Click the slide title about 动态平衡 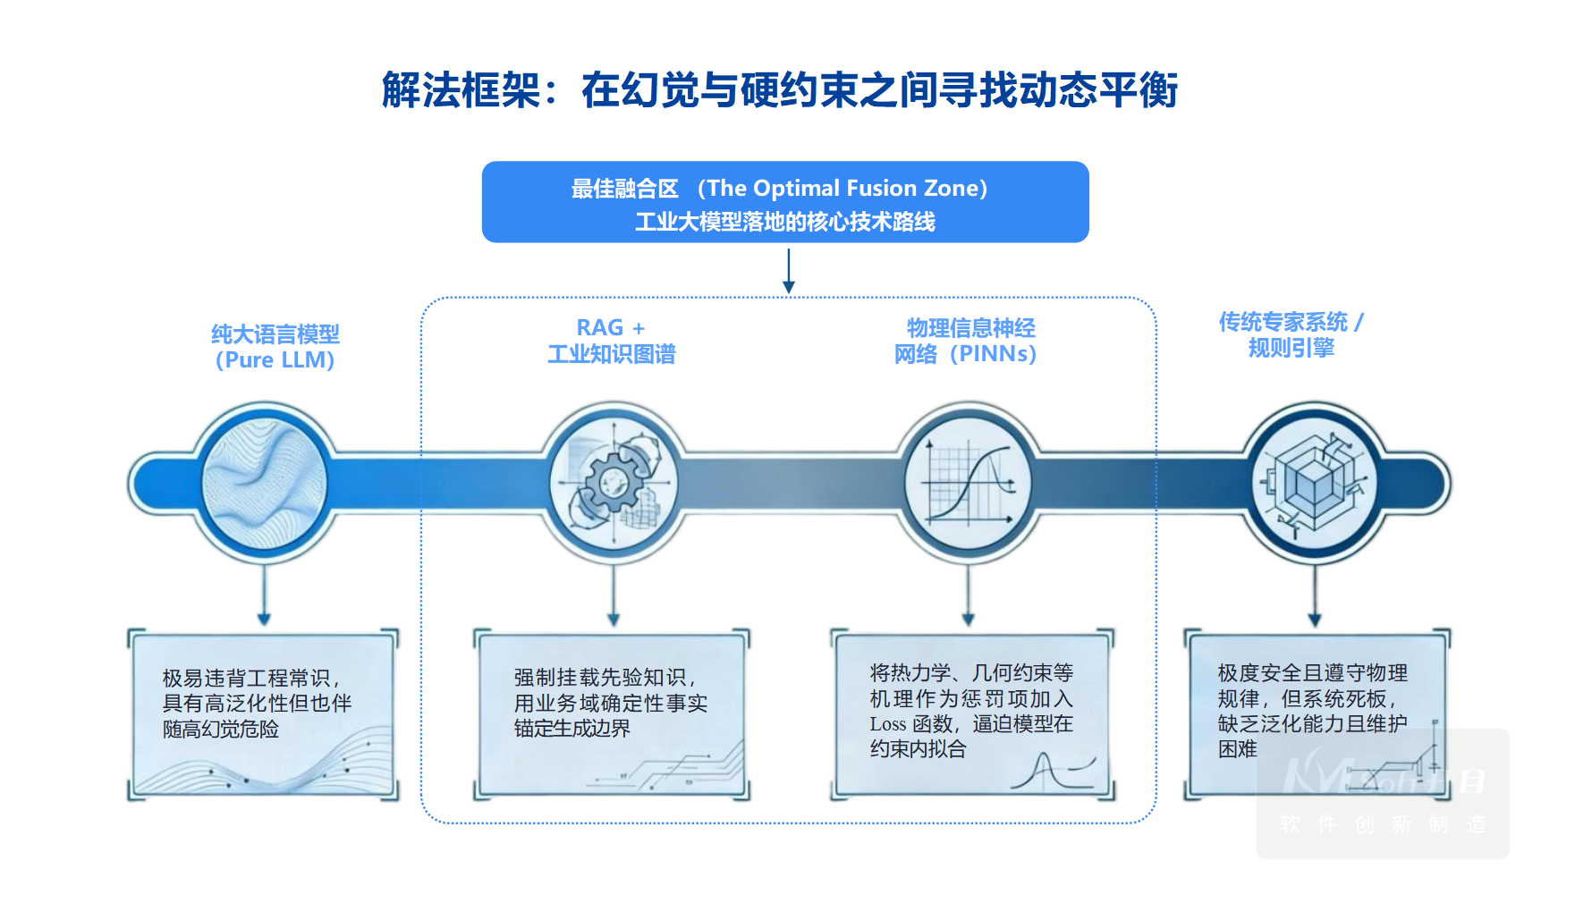point(779,90)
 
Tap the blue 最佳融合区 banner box point(784,202)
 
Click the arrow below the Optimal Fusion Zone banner point(788,270)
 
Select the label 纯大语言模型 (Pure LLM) point(275,347)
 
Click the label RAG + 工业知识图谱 point(612,341)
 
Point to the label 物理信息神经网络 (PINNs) point(966,341)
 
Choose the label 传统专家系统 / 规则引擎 point(1291,334)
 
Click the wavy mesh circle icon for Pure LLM point(264,484)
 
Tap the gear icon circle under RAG point(614,484)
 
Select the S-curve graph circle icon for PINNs point(968,484)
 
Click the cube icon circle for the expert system point(1314,484)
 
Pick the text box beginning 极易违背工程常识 point(263,713)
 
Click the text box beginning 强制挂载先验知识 point(612,713)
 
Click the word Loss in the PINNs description point(887,724)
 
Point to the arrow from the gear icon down point(614,595)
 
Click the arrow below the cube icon point(1314,595)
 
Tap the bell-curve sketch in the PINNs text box point(1052,772)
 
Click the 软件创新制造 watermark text point(1382,823)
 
